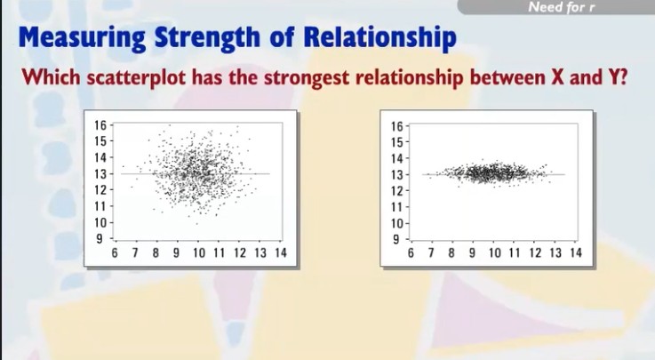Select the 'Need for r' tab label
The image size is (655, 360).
(x=561, y=8)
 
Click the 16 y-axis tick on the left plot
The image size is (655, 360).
(x=101, y=125)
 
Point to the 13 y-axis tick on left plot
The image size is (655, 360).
(x=101, y=173)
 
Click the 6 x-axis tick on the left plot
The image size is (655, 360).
(x=114, y=253)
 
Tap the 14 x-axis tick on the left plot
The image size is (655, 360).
(x=280, y=253)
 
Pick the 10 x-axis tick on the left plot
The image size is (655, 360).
(x=197, y=253)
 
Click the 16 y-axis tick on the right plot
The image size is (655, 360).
(x=397, y=125)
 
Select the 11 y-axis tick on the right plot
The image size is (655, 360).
(x=397, y=205)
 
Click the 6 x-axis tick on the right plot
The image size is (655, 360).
(x=410, y=253)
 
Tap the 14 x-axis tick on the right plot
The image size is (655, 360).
(x=576, y=253)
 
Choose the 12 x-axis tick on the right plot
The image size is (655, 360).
(x=535, y=253)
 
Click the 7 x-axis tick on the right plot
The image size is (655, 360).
(x=431, y=253)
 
